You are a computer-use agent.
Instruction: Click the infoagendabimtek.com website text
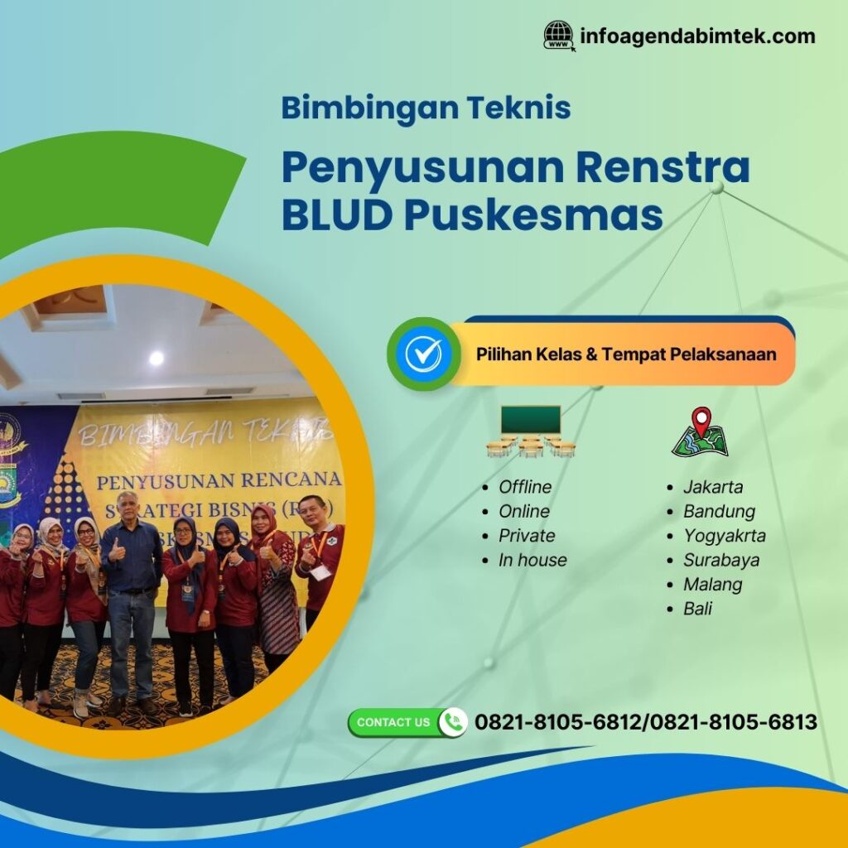point(697,36)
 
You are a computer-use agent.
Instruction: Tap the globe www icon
point(559,36)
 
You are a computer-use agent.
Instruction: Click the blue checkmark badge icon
point(423,354)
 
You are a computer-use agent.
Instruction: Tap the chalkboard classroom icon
point(530,431)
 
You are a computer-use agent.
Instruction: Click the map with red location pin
point(701,432)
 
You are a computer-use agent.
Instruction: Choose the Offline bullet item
point(524,487)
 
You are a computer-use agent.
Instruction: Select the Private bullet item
point(527,536)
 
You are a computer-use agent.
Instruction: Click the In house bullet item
point(532,560)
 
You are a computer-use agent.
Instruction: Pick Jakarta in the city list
point(712,487)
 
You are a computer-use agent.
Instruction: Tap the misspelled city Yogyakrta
point(724,536)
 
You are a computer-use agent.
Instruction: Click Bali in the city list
point(697,609)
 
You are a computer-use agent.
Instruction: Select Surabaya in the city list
point(720,560)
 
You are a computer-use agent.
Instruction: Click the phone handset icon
point(452,722)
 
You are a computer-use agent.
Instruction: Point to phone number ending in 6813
point(734,722)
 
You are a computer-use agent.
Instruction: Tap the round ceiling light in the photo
point(156,358)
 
